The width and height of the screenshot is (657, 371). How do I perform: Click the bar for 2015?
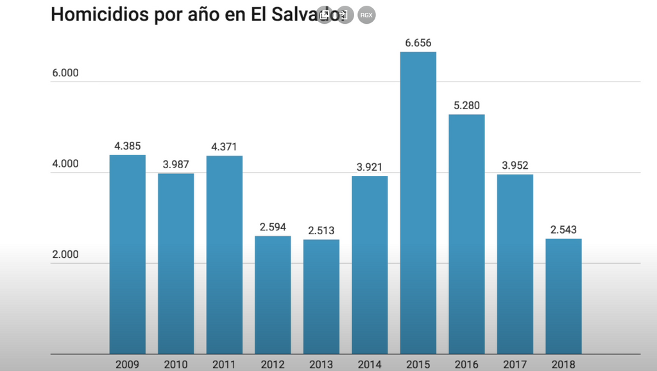tap(418, 203)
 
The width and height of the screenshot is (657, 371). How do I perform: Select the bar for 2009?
tap(127, 254)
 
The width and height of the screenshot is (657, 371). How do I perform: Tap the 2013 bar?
tap(321, 297)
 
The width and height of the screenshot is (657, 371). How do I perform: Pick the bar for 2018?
tap(563, 296)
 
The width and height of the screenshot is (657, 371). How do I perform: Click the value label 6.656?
tap(418, 43)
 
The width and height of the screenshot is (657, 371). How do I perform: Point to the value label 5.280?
tap(466, 105)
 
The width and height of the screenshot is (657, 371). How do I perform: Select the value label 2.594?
tap(273, 227)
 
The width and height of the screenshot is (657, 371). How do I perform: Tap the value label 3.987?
tap(176, 164)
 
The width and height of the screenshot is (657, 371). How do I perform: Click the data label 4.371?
tap(225, 147)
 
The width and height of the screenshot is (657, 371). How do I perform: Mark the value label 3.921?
tap(370, 167)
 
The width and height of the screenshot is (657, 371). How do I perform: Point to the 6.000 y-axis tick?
tap(65, 73)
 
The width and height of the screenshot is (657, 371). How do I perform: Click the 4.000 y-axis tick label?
tap(65, 164)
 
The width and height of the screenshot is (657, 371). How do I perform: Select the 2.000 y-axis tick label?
tap(65, 255)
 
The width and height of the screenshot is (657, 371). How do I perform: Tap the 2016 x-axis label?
tap(466, 365)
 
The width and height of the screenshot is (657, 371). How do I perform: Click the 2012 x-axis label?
tap(273, 365)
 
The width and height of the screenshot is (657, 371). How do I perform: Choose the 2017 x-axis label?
tap(515, 365)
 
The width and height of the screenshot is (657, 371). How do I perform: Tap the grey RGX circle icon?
tap(366, 15)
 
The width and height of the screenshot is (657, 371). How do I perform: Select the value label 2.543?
tap(563, 230)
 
